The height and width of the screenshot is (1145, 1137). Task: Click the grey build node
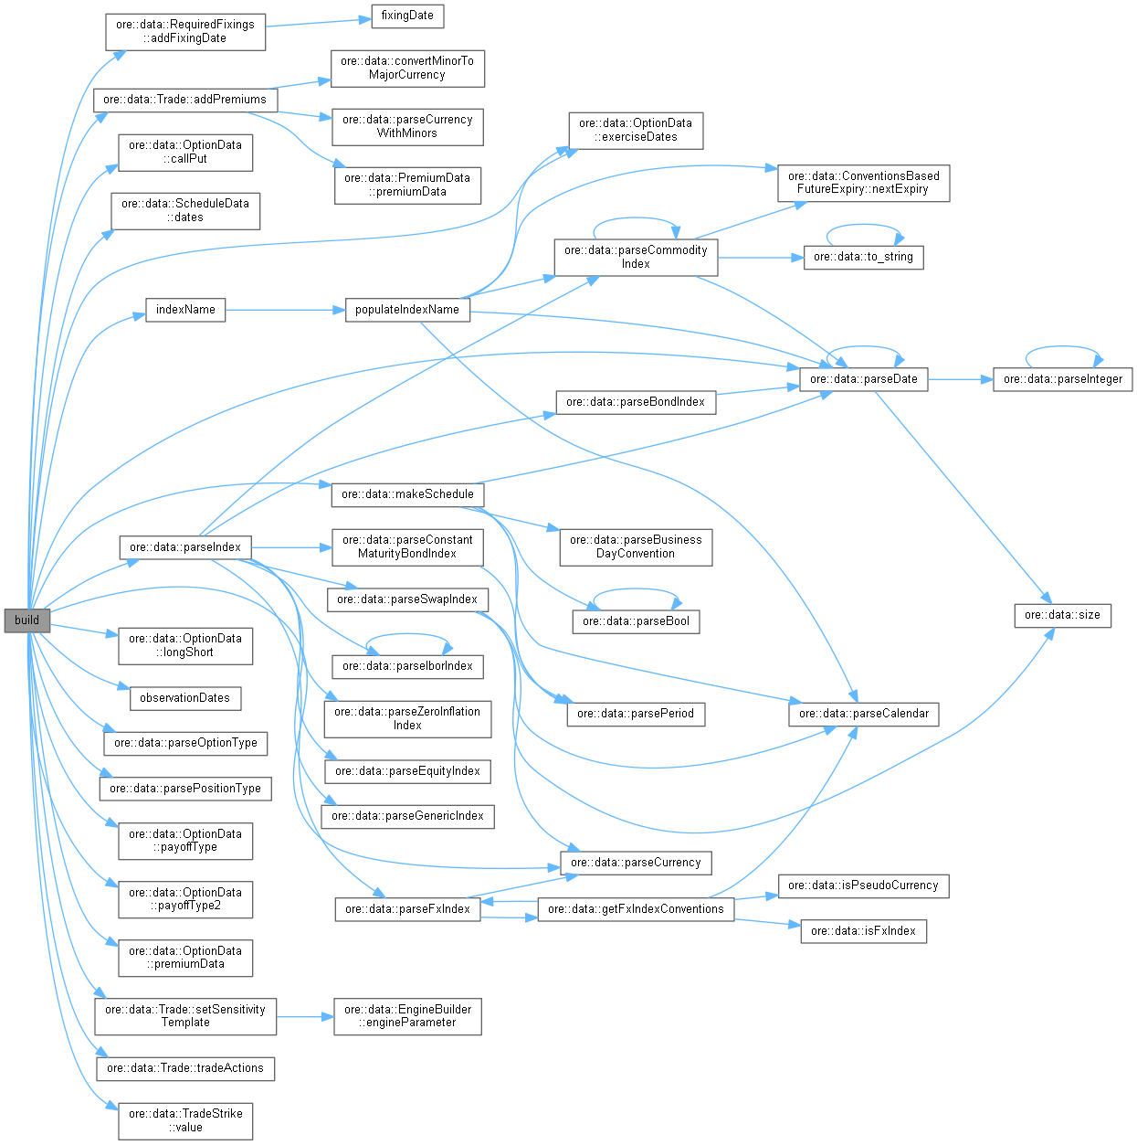(26, 620)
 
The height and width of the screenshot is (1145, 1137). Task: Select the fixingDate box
(407, 16)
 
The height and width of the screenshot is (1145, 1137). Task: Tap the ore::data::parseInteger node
(1062, 379)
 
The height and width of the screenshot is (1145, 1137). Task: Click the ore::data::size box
(1062, 615)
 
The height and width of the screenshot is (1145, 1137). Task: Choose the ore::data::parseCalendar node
(863, 714)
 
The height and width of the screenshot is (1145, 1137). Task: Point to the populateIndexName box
(407, 310)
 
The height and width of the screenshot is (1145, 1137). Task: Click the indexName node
(185, 310)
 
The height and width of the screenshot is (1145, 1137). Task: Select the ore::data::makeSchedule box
(407, 494)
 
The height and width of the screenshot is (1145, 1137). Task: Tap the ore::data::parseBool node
(636, 621)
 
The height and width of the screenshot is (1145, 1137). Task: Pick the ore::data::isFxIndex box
(863, 931)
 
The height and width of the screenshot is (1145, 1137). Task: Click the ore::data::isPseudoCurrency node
(863, 885)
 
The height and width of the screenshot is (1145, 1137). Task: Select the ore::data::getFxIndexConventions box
(636, 909)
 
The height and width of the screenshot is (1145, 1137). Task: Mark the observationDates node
(185, 698)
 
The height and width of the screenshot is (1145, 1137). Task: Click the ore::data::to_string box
(863, 257)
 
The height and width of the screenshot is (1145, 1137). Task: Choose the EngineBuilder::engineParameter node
(407, 1016)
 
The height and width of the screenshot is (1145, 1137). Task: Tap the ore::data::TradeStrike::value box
(185, 1120)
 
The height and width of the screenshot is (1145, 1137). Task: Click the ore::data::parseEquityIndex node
(407, 771)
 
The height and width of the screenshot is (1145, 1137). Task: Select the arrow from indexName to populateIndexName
(283, 310)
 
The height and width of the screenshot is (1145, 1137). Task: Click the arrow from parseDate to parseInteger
(959, 379)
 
